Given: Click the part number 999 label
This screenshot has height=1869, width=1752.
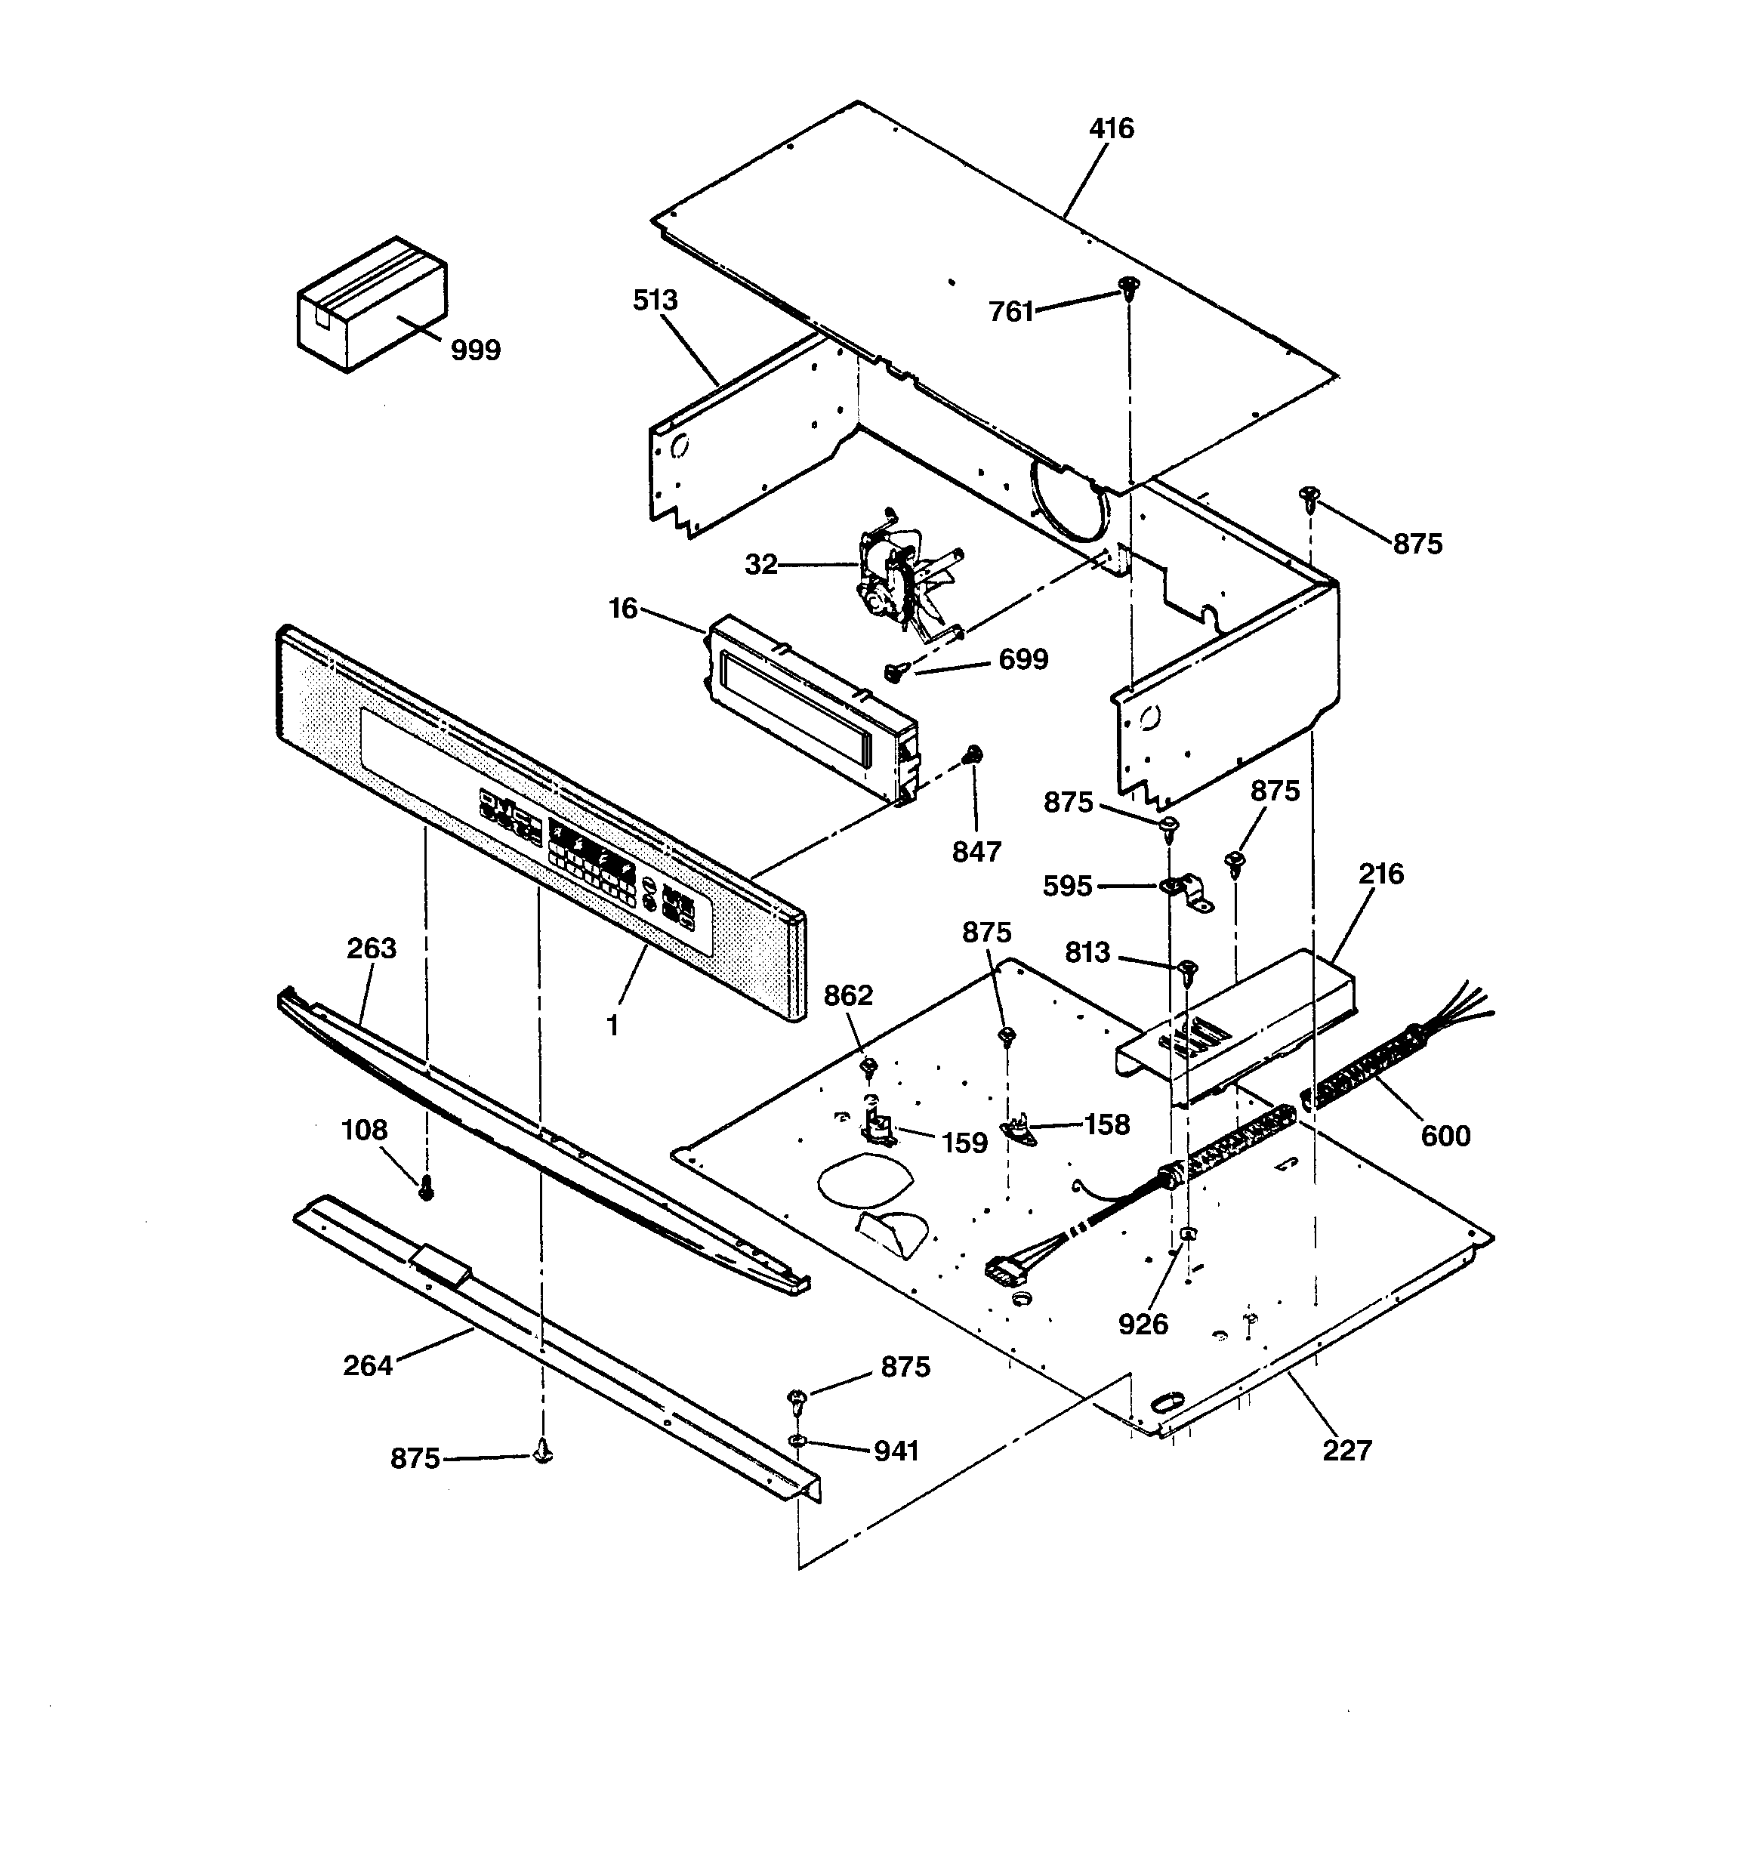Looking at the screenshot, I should [x=475, y=350].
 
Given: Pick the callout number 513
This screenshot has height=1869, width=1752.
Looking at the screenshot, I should [x=655, y=301].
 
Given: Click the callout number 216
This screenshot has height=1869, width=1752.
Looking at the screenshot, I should [x=1380, y=874].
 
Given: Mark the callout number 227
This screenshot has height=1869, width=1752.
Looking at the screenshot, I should [x=1346, y=1451].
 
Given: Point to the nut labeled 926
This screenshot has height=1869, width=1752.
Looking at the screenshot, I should [x=1189, y=1235].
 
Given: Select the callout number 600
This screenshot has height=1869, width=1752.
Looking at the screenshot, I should [x=1445, y=1136].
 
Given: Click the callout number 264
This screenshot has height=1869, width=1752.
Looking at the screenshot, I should [x=367, y=1365].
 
